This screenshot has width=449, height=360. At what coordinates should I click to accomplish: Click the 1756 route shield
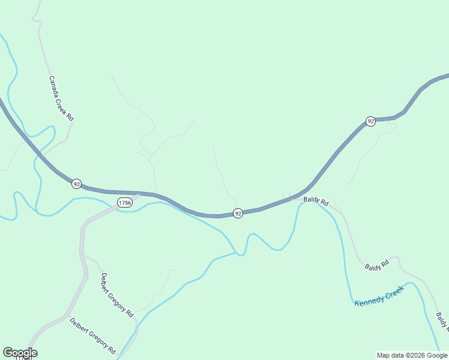[125, 203]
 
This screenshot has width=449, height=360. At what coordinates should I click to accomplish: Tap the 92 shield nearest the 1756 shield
[76, 184]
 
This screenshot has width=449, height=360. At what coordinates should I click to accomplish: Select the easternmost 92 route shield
[371, 121]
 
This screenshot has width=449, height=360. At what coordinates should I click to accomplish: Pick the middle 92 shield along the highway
[238, 213]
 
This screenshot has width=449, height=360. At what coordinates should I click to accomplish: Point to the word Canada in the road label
[54, 86]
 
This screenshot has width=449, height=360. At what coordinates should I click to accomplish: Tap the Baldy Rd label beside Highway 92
[316, 202]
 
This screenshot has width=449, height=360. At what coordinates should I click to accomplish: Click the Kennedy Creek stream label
[379, 295]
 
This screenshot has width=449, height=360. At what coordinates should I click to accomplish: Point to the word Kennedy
[369, 299]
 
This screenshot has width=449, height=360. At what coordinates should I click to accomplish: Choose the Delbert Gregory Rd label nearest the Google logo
[92, 335]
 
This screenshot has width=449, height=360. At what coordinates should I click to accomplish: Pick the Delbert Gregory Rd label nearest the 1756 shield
[117, 295]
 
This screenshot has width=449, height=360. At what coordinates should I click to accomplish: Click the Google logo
[20, 353]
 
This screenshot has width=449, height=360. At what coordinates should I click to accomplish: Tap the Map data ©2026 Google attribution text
[412, 355]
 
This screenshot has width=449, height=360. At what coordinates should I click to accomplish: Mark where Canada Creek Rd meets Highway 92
[43, 157]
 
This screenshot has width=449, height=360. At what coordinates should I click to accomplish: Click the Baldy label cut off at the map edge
[442, 322]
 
